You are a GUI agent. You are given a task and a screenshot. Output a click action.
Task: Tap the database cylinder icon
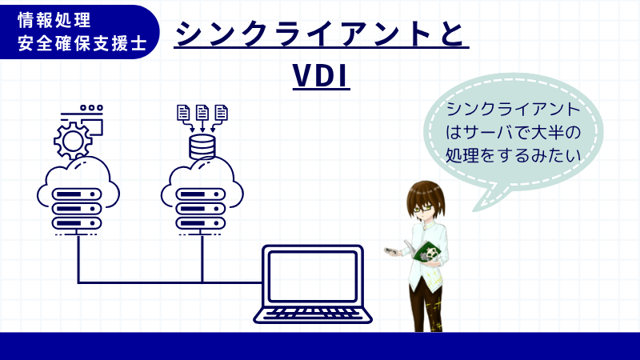(x=202, y=146)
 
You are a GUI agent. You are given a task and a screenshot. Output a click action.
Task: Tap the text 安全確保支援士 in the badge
(x=76, y=42)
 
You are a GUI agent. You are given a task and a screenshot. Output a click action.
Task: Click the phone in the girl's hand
(x=390, y=252)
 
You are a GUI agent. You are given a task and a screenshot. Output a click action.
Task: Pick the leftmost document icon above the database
(x=183, y=113)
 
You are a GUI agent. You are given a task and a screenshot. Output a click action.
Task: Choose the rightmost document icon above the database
(x=221, y=113)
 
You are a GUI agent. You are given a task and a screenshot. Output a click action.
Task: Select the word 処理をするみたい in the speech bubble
(x=512, y=152)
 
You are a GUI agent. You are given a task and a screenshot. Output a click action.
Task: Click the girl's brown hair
(x=422, y=190)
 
